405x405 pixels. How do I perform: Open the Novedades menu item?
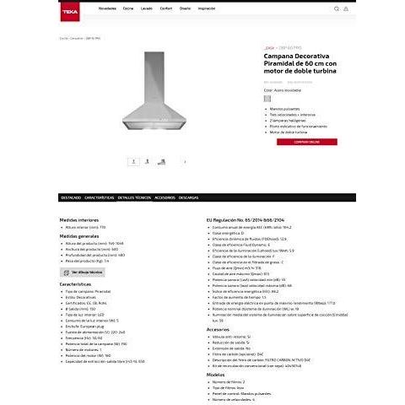click(x=107, y=8)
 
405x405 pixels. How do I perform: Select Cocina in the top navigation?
click(x=128, y=8)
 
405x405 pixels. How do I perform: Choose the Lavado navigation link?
click(x=146, y=8)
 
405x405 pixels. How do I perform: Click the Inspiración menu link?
click(x=206, y=8)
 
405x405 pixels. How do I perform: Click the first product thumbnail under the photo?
click(x=132, y=160)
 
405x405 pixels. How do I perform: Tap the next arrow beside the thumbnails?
click(x=185, y=160)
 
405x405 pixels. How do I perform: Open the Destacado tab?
click(x=71, y=197)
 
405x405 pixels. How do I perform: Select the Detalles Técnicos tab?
click(x=134, y=197)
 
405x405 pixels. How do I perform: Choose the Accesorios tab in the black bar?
click(x=165, y=197)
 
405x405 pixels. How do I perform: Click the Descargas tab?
click(x=189, y=197)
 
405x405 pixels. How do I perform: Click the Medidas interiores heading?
click(x=79, y=219)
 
